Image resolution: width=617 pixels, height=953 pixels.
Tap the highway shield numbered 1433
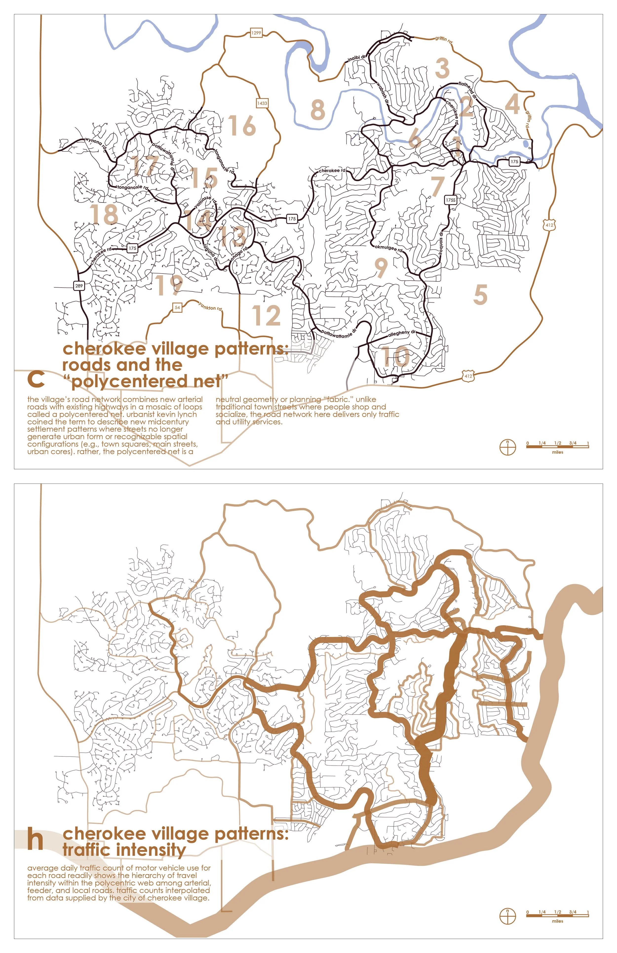262,103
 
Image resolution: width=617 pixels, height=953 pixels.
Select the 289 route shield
79,286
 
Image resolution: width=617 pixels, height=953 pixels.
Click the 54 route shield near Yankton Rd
177,308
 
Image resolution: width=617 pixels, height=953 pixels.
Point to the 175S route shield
451,200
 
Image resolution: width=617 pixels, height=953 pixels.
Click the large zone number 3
442,68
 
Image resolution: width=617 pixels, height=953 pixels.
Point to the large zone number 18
104,214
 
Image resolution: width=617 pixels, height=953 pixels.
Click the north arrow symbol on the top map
508,447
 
